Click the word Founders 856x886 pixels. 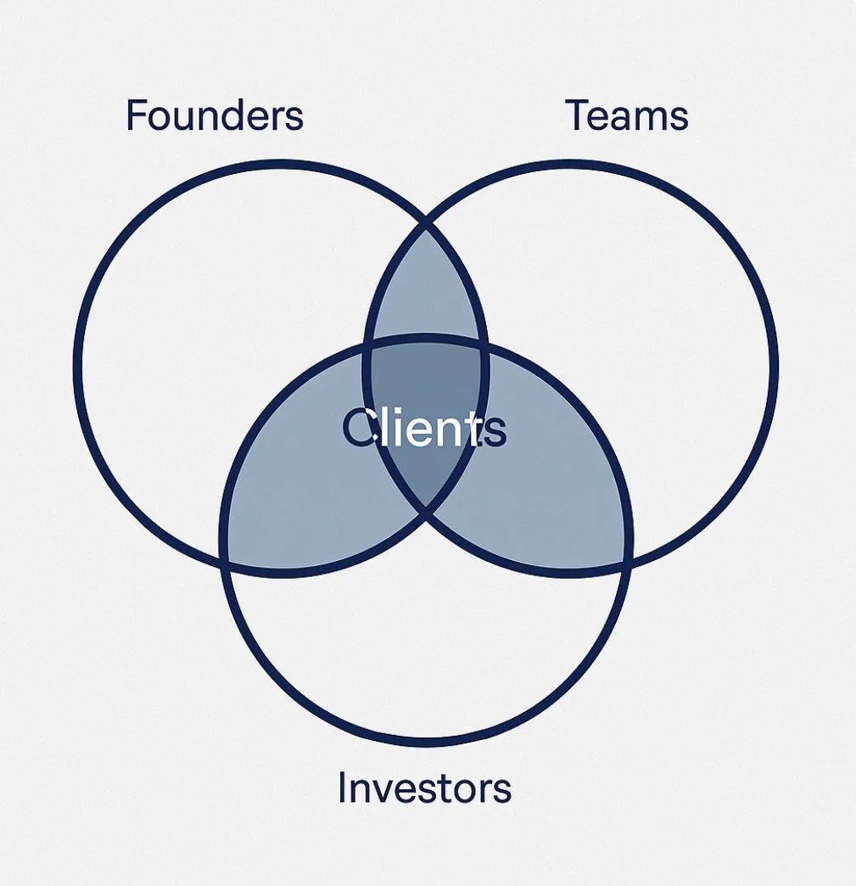pyautogui.click(x=214, y=115)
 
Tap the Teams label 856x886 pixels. pyautogui.click(x=626, y=115)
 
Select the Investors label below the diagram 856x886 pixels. pyautogui.click(x=424, y=788)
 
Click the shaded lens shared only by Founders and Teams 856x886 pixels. pyautogui.click(x=425, y=289)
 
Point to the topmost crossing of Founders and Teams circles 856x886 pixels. pyautogui.click(x=425, y=226)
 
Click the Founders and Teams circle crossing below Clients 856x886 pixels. pyautogui.click(x=425, y=513)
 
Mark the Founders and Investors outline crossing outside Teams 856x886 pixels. pyautogui.click(x=225, y=560)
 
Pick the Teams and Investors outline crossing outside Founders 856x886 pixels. pyautogui.click(x=628, y=560)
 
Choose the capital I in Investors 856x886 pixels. pyautogui.click(x=343, y=788)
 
